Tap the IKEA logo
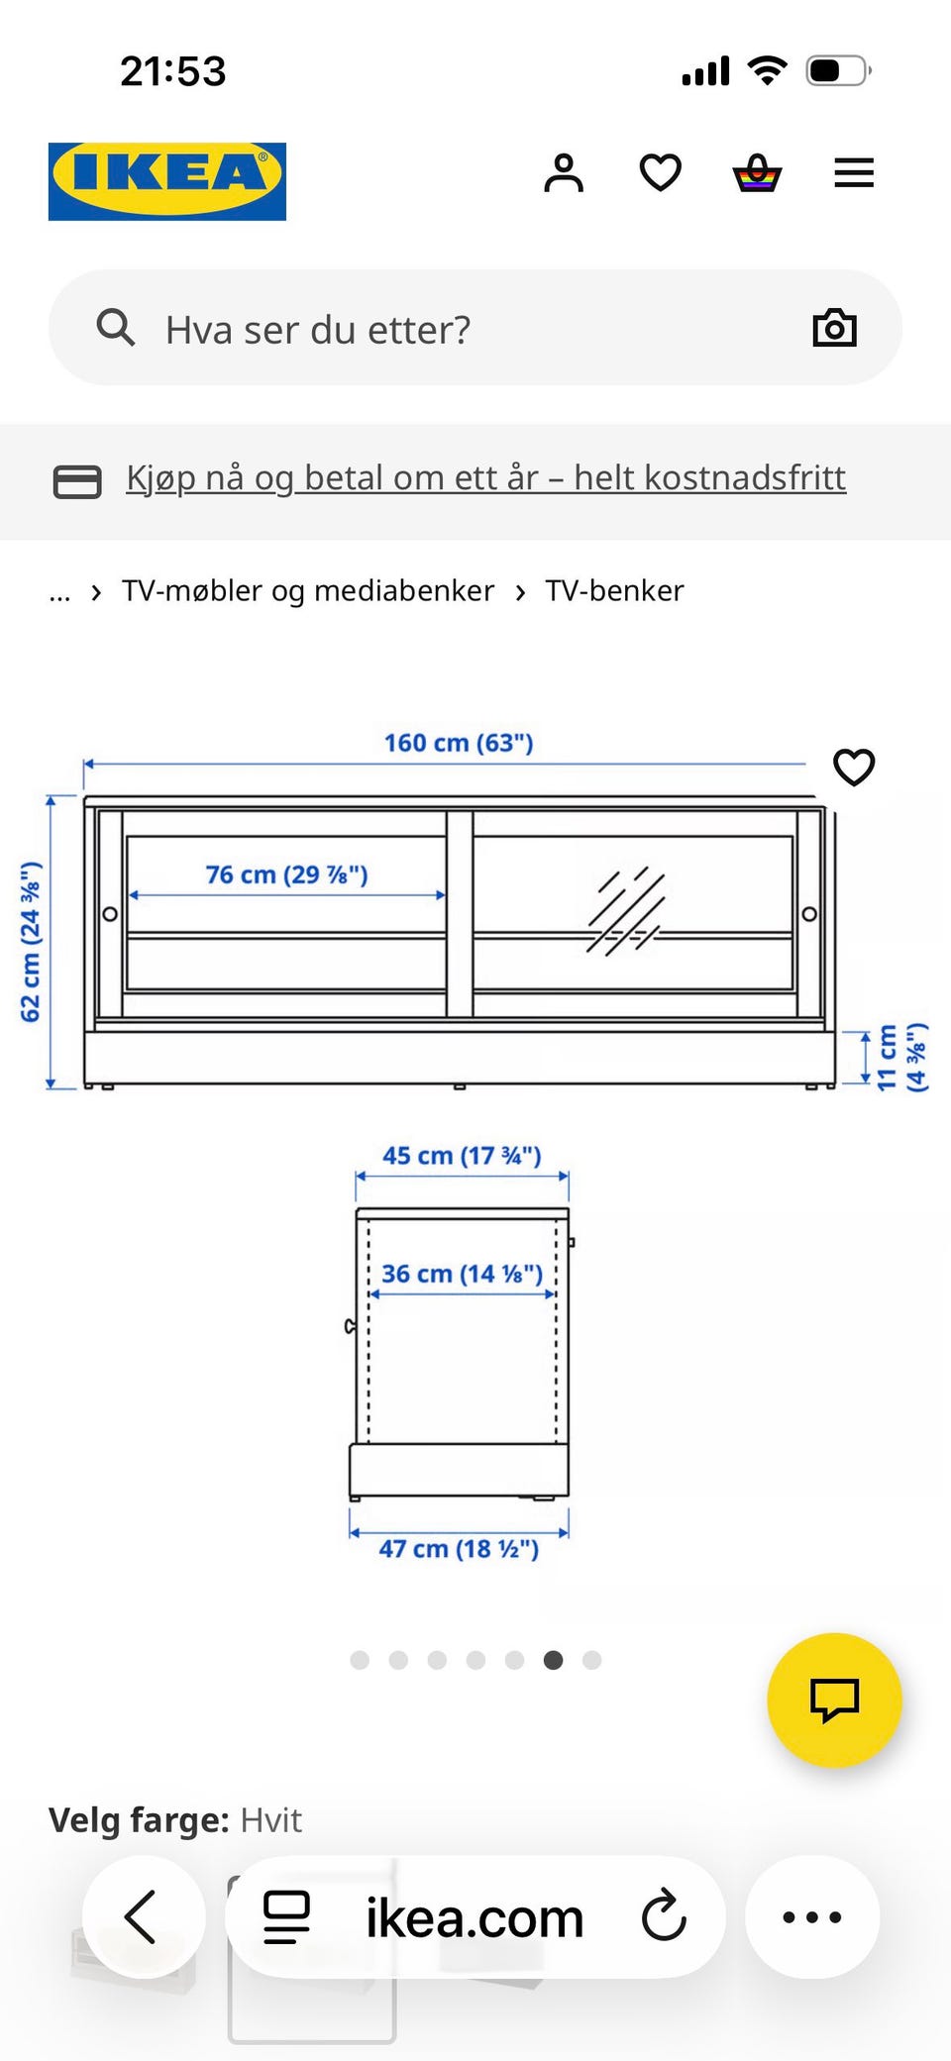(167, 180)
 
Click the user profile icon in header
(564, 173)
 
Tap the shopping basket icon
(757, 173)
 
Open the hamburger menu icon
(853, 173)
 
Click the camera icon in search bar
(834, 328)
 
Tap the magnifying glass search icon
(116, 327)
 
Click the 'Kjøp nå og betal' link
(485, 478)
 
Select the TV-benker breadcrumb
(614, 591)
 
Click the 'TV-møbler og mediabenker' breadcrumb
(307, 591)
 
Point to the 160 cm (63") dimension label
(459, 743)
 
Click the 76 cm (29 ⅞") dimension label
(286, 875)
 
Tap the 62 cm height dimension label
(31, 941)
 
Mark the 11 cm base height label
(900, 1058)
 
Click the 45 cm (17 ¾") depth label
(462, 1156)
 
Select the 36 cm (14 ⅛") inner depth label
(462, 1274)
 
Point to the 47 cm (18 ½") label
(459, 1549)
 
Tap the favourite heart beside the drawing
(854, 768)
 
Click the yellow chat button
(834, 1700)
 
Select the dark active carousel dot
(553, 1660)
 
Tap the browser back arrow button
(143, 1916)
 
